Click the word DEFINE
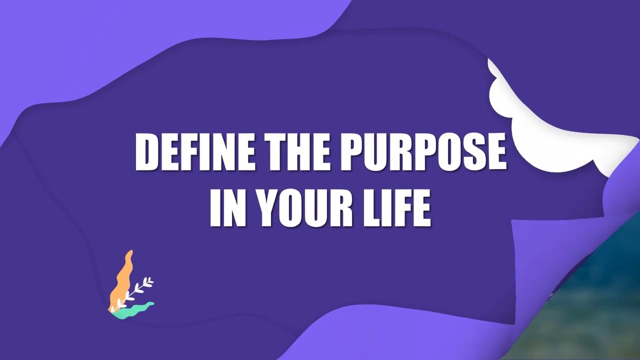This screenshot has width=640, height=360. [x=195, y=151]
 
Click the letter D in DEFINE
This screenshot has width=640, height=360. [x=148, y=151]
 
